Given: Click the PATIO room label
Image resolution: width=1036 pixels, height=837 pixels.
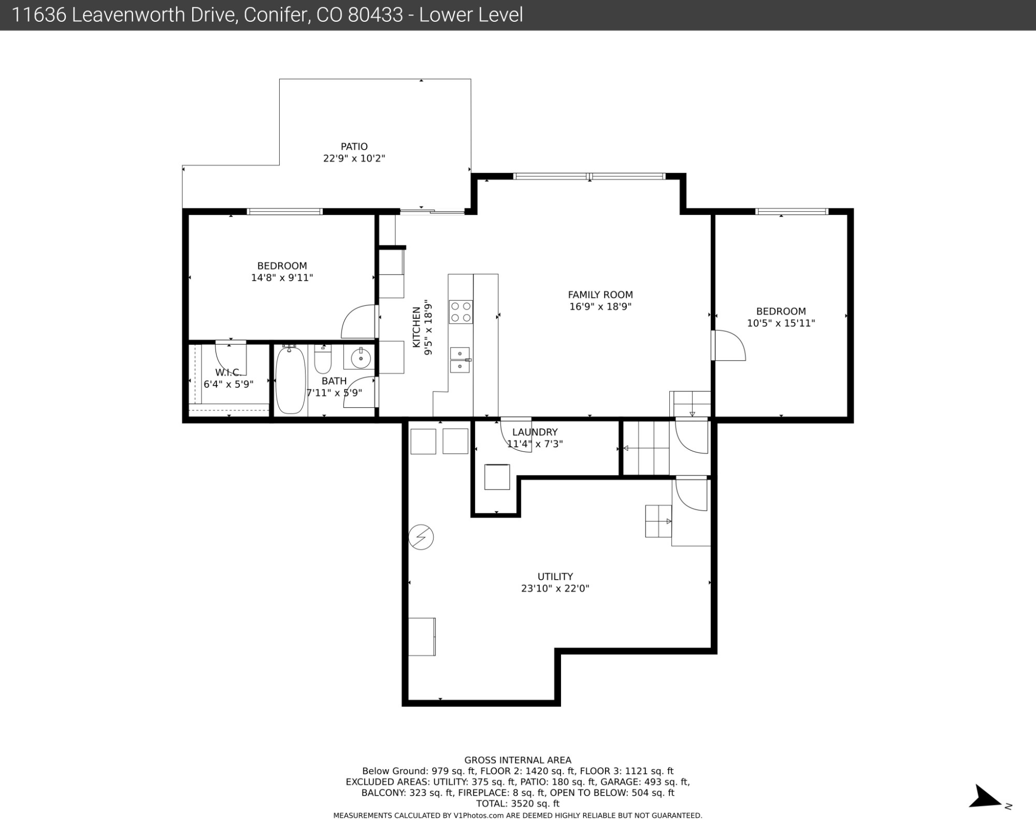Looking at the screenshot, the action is [x=354, y=146].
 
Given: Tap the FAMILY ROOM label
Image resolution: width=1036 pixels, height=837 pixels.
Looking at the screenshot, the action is [x=600, y=295].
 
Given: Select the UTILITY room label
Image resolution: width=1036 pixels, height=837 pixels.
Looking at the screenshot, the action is [x=555, y=577].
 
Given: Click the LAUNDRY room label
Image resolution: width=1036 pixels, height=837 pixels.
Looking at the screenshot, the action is [x=535, y=432].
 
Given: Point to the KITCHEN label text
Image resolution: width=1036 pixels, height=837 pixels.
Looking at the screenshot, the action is [x=416, y=327].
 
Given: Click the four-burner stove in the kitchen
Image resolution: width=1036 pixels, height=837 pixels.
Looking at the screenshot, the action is [x=461, y=312].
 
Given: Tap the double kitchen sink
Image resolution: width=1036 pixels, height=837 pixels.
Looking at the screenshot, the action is [x=460, y=360].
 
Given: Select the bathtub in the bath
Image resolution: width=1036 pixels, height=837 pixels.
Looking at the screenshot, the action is [x=290, y=380].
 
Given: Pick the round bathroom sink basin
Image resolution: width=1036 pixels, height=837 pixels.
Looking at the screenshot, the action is [x=359, y=357].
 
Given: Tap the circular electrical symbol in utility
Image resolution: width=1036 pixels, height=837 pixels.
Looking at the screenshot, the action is [x=421, y=537].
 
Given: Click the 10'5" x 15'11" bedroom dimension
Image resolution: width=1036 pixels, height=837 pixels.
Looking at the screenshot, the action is [x=781, y=324].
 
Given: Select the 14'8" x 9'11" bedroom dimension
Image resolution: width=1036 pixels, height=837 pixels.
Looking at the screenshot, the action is [x=282, y=278].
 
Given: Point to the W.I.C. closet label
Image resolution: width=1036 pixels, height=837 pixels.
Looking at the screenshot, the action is [x=228, y=373].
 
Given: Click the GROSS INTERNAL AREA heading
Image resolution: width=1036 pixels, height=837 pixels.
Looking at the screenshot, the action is [x=517, y=760].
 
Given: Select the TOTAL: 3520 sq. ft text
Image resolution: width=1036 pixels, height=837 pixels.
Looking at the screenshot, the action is [x=517, y=804].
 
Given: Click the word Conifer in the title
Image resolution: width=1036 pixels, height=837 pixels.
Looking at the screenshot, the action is [x=274, y=15].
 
